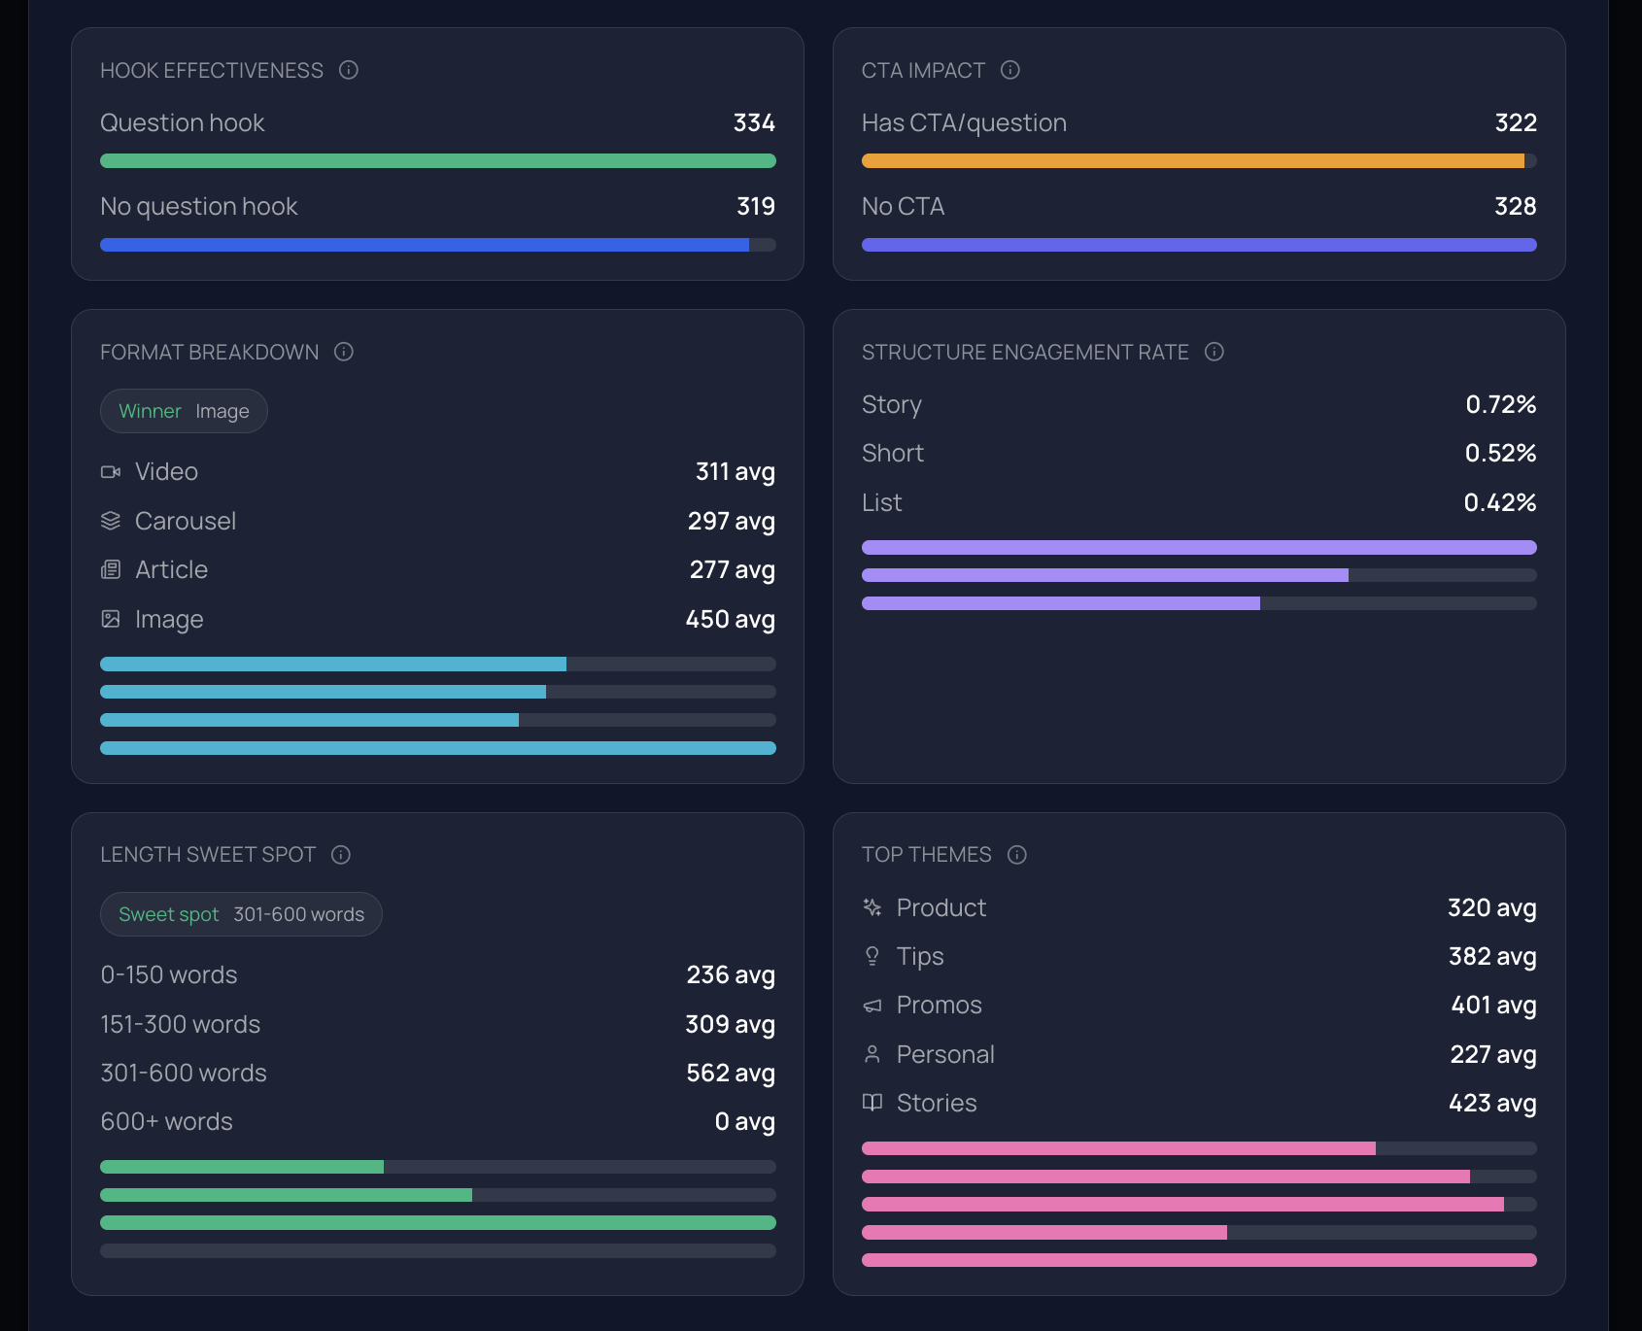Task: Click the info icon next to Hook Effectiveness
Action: click(349, 70)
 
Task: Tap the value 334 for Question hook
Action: click(754, 123)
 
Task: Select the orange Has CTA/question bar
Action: click(1192, 161)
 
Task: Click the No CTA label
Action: click(903, 207)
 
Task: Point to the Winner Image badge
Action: click(184, 412)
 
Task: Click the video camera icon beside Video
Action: click(111, 472)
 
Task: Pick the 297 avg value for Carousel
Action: click(731, 522)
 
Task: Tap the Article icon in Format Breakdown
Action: click(111, 570)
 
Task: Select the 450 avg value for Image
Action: click(730, 620)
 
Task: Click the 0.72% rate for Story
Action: click(1500, 405)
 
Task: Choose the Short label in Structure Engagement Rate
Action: click(892, 454)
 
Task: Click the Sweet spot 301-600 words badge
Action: click(241, 914)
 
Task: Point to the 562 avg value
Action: click(730, 1074)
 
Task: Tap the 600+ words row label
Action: click(167, 1122)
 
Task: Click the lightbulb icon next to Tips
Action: click(872, 957)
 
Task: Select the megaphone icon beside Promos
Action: click(872, 1006)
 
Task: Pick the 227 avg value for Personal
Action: click(1492, 1055)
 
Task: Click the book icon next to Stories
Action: click(872, 1103)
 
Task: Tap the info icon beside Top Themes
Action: click(1017, 855)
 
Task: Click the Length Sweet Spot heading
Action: click(208, 855)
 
